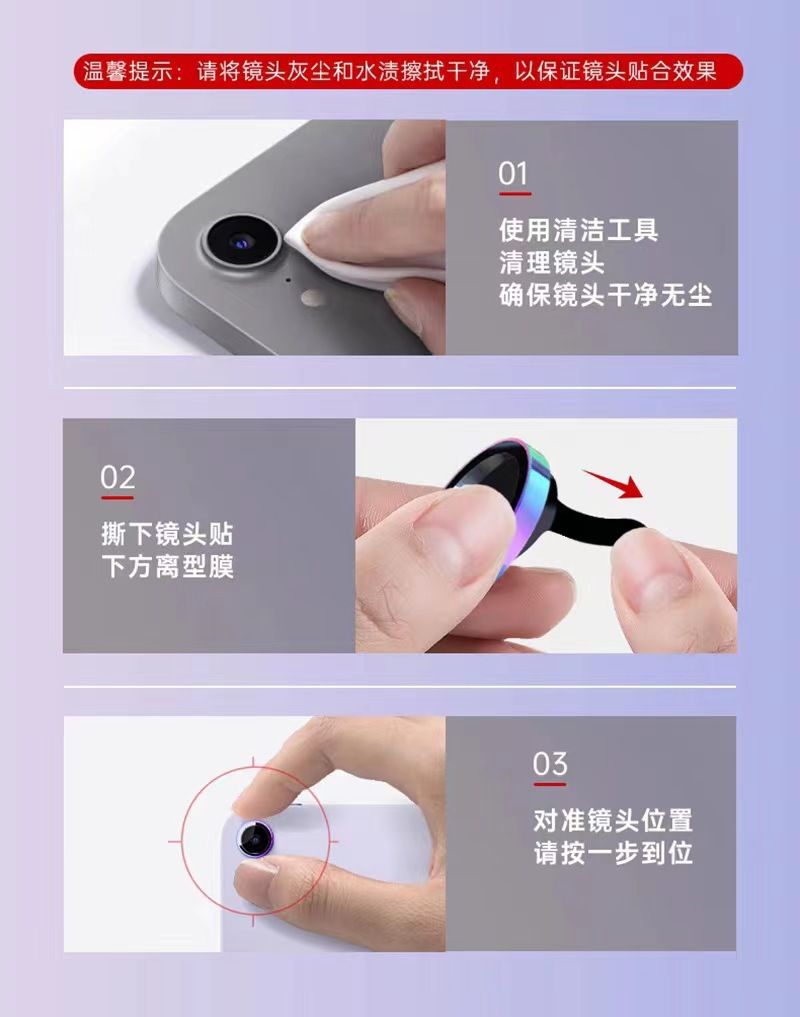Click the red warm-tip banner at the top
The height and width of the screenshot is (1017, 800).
[408, 71]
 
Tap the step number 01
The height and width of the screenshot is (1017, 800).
[513, 174]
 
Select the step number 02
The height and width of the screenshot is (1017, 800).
[117, 478]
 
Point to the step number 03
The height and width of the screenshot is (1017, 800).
[550, 764]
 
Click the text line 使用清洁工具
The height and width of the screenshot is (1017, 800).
[579, 230]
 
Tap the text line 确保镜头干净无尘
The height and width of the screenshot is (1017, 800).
[605, 295]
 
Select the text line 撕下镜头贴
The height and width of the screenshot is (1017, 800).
[167, 534]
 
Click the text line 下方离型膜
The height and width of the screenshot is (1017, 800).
[167, 566]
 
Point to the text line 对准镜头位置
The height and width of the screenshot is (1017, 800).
[613, 820]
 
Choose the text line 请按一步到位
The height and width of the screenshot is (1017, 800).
[613, 853]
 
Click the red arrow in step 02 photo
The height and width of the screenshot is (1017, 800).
[613, 483]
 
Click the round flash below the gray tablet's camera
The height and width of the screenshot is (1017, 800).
[313, 298]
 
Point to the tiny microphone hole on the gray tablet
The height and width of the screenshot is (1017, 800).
[288, 280]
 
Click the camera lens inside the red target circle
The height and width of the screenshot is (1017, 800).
[255, 840]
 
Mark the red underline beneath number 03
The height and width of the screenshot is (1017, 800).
[550, 784]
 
